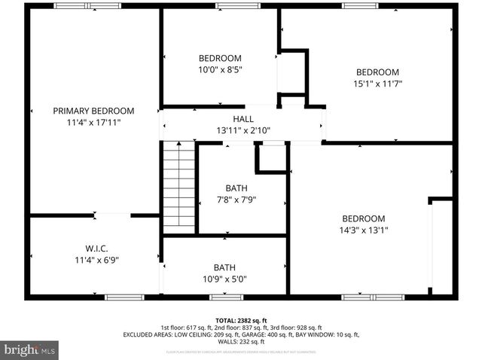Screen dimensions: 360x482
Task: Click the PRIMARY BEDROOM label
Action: tap(93, 111)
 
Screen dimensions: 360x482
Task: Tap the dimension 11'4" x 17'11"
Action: tap(93, 121)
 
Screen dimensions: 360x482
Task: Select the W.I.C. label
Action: tap(96, 249)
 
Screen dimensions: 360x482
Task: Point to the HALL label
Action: tap(243, 119)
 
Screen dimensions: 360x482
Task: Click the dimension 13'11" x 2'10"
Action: tap(243, 130)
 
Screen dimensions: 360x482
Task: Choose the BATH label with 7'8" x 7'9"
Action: tap(236, 188)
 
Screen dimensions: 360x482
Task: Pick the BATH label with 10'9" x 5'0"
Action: tap(224, 267)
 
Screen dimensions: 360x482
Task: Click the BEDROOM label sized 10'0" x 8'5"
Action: tap(220, 59)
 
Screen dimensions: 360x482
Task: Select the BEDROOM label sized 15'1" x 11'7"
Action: tap(377, 72)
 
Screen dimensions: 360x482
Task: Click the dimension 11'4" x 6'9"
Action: tap(96, 260)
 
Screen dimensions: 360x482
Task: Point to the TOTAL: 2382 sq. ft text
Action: tap(241, 320)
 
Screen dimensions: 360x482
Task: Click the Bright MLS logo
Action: tap(30, 350)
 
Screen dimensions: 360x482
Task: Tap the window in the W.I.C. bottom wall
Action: tap(124, 297)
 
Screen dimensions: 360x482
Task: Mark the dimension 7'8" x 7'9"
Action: tap(236, 200)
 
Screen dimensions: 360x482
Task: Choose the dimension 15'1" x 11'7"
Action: tap(377, 84)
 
